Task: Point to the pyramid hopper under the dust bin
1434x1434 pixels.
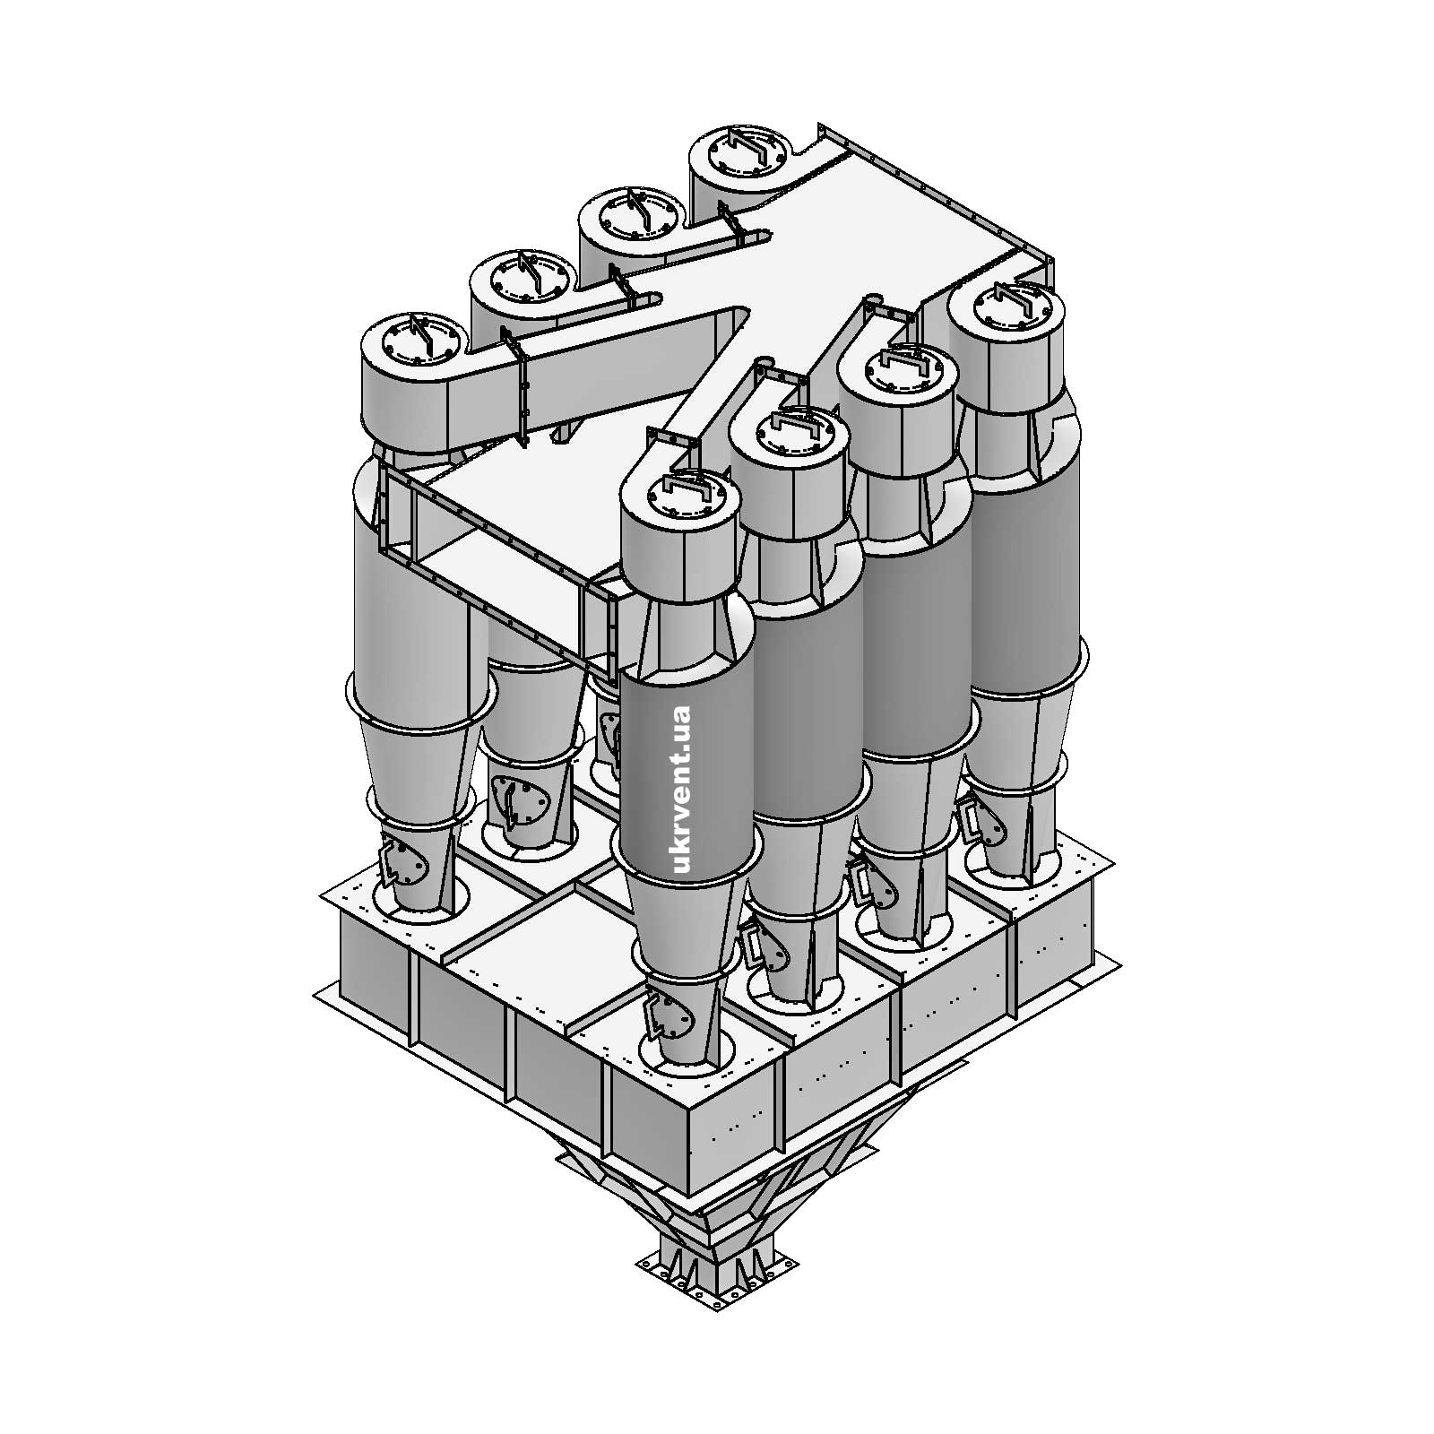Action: (x=717, y=1183)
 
